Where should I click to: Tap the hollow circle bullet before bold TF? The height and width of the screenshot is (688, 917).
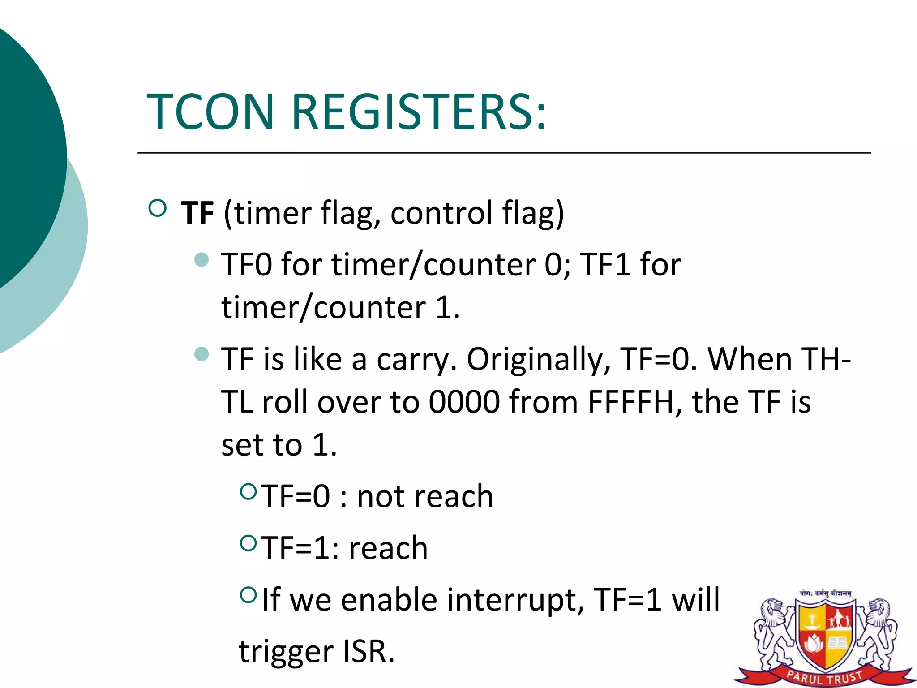point(157,208)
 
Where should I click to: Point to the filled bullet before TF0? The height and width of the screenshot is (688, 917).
point(202,259)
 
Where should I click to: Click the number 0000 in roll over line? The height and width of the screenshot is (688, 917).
point(464,402)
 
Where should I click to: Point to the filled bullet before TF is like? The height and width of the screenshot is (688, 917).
point(202,354)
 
